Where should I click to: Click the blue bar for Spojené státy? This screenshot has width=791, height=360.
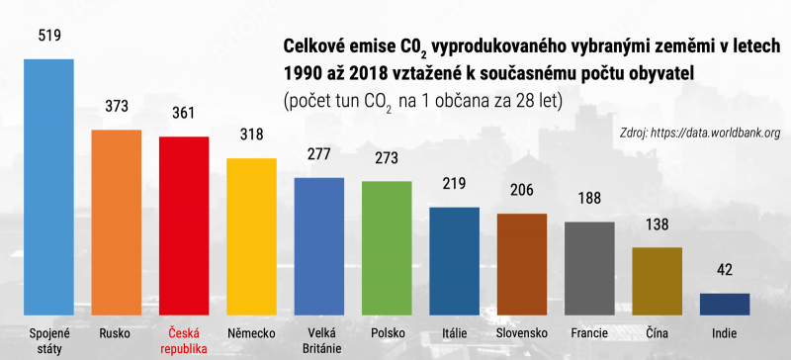48,186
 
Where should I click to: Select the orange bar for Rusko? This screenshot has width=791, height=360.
116,222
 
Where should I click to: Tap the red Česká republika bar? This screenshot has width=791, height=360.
183,225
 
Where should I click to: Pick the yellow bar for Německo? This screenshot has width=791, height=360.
251,235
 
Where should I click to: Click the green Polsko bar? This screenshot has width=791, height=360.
386,246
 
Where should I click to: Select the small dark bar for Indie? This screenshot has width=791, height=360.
724,303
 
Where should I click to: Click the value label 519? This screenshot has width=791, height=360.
48,37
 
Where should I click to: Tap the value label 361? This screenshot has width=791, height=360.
183,113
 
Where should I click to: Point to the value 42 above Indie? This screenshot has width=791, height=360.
724,270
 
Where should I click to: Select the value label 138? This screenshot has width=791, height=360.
657,224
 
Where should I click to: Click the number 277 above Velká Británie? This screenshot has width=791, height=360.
318,154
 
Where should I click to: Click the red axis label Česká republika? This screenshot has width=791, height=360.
183,339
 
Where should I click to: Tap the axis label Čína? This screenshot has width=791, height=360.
657,332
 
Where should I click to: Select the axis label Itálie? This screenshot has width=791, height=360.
454,332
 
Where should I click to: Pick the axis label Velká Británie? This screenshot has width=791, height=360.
318,339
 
